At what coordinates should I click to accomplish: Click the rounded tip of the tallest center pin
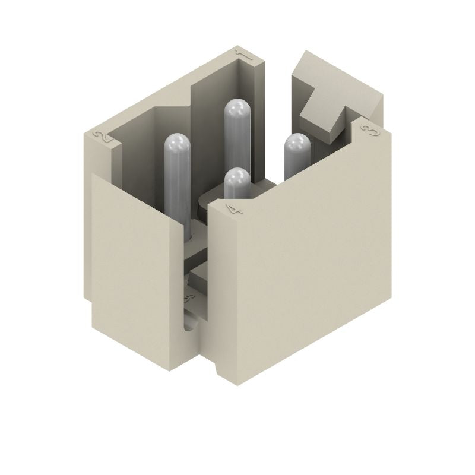tap(237, 107)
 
